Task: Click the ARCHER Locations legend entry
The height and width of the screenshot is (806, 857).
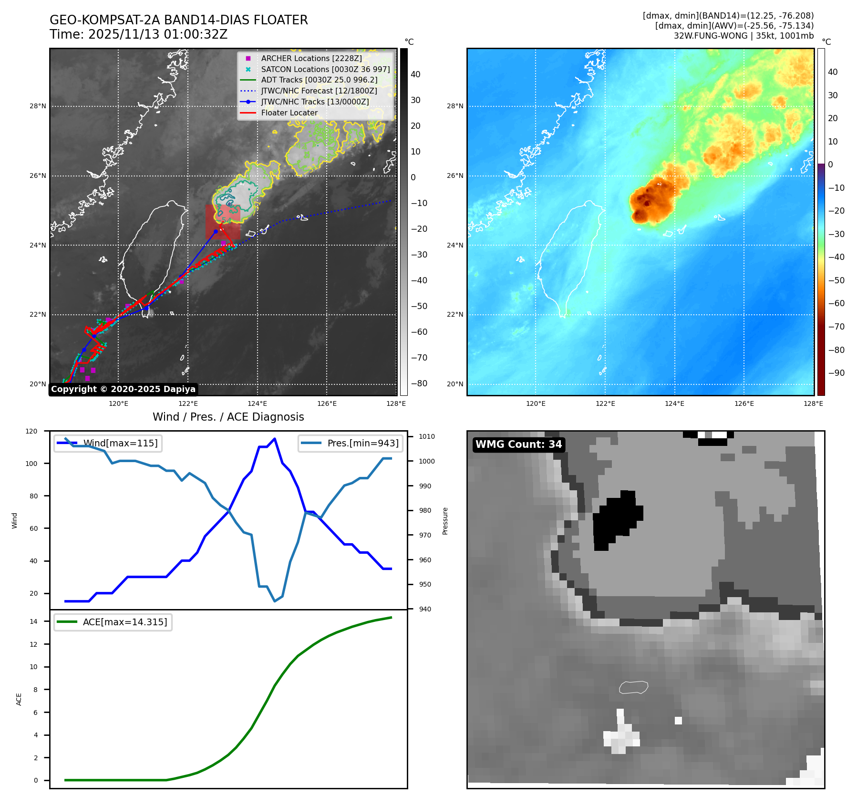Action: point(311,58)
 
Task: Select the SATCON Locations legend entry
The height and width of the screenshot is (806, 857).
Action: point(325,69)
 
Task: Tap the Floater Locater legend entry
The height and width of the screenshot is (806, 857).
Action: point(289,113)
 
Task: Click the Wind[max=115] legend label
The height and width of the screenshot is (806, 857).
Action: point(120,443)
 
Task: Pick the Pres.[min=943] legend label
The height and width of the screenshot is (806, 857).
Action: point(362,443)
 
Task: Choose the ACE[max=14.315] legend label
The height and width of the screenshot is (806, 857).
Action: point(125,622)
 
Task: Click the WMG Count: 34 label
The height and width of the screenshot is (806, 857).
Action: point(518,444)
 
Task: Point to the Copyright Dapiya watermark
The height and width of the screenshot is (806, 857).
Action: point(123,389)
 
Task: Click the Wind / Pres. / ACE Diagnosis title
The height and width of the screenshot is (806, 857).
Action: point(228,417)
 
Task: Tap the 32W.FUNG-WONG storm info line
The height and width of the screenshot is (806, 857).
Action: point(743,36)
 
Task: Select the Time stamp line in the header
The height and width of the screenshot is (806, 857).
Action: point(138,35)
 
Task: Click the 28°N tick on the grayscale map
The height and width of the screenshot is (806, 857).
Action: point(38,106)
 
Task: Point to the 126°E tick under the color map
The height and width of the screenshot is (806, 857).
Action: point(744,403)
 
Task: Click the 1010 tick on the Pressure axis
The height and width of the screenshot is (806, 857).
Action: point(426,436)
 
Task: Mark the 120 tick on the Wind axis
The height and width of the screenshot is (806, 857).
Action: point(31,431)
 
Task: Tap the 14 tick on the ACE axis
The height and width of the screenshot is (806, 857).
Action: point(33,621)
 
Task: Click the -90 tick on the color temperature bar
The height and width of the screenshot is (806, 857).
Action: point(836,373)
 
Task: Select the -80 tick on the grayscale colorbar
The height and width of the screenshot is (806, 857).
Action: point(419,383)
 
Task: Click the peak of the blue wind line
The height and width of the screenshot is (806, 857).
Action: point(274,438)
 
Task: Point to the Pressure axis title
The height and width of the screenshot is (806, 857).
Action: point(445,521)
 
